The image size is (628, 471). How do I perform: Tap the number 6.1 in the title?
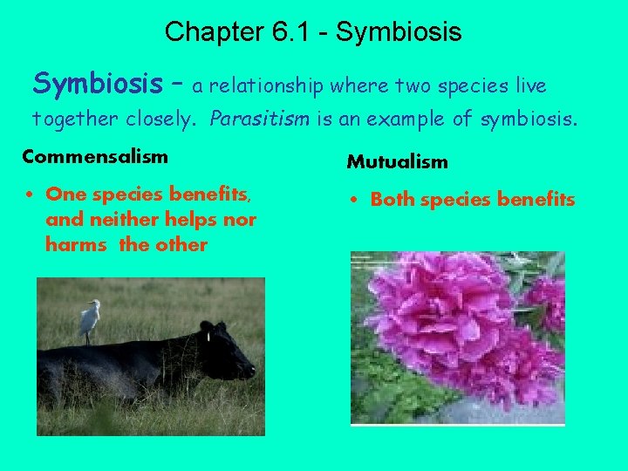click(x=288, y=32)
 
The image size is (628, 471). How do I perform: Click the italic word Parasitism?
click(x=262, y=118)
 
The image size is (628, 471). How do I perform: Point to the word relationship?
click(x=265, y=85)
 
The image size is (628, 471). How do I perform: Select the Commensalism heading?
click(x=95, y=156)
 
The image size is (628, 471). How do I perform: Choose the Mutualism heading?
click(x=397, y=161)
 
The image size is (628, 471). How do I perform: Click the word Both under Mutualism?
click(x=393, y=200)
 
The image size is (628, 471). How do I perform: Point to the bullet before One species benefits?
click(x=30, y=195)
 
